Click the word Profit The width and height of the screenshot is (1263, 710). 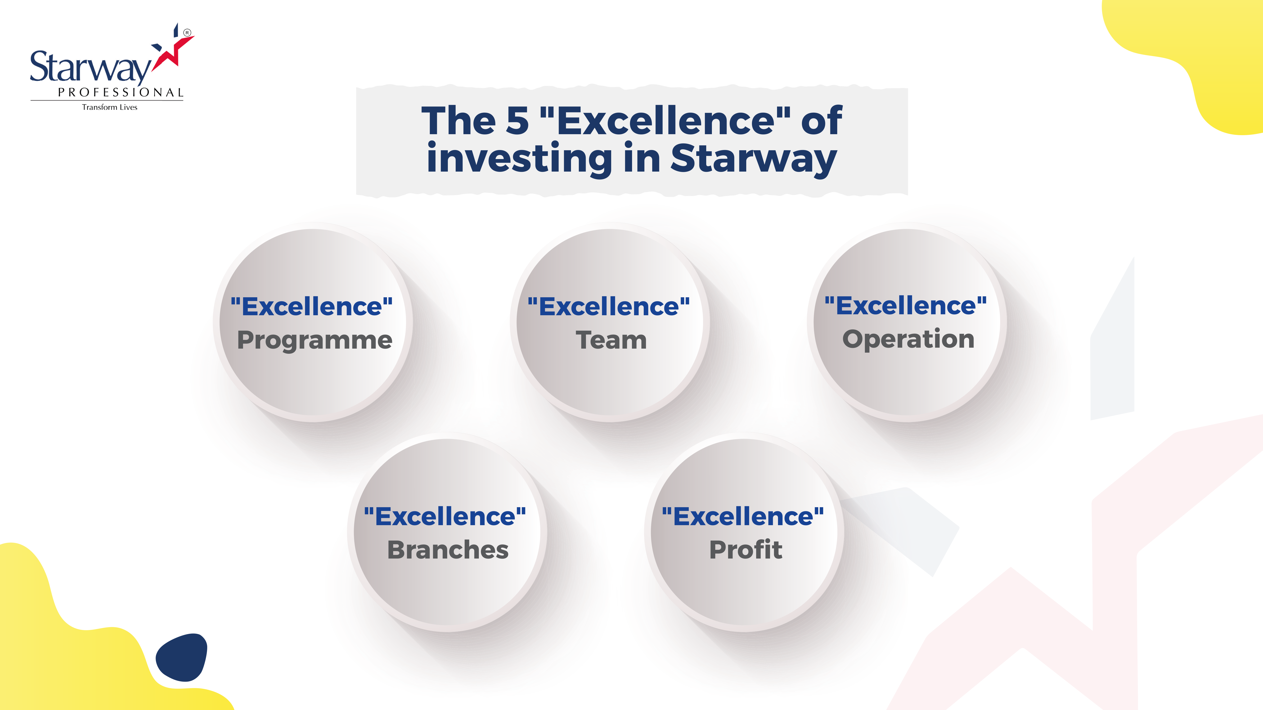coord(746,550)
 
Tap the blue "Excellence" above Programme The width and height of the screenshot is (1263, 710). coord(312,307)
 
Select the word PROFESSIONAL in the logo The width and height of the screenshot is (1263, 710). coord(121,93)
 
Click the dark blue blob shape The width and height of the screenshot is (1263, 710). coord(181,657)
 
